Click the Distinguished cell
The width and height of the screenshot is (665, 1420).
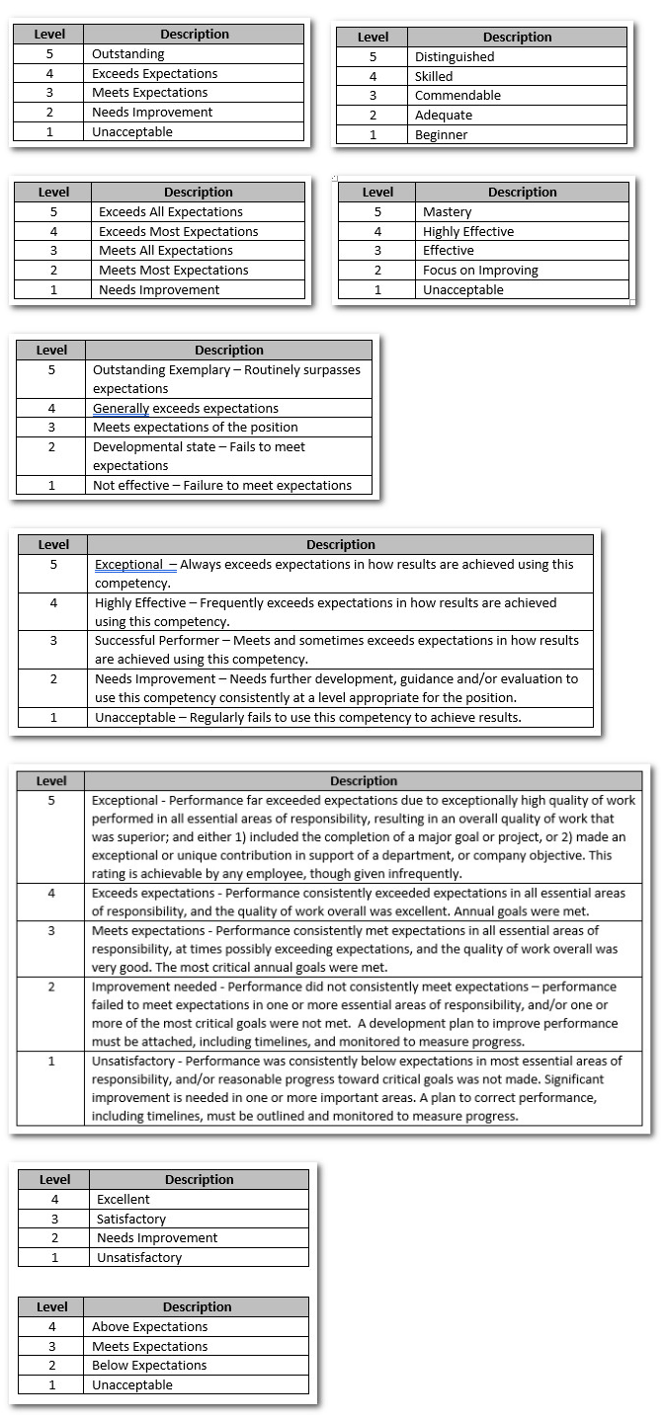(x=455, y=57)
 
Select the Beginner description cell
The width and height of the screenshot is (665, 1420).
(x=441, y=135)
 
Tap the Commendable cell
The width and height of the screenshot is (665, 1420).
(x=457, y=96)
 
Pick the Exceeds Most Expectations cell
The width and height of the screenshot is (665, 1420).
(x=178, y=232)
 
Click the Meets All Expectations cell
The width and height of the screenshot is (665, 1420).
(x=166, y=251)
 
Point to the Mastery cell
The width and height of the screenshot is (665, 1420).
(x=447, y=212)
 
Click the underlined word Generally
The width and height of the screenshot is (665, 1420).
(x=121, y=409)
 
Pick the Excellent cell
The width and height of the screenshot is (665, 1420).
(x=124, y=1200)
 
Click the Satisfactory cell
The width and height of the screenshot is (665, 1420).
(x=131, y=1220)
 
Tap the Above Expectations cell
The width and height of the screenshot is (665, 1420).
(x=149, y=1327)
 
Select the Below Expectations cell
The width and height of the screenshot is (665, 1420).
(x=149, y=1366)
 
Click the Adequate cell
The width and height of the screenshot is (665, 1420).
(x=444, y=116)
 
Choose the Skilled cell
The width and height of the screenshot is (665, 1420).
(x=434, y=76)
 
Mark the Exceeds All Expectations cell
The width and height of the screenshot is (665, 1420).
(x=170, y=212)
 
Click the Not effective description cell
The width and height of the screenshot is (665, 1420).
(x=221, y=486)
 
